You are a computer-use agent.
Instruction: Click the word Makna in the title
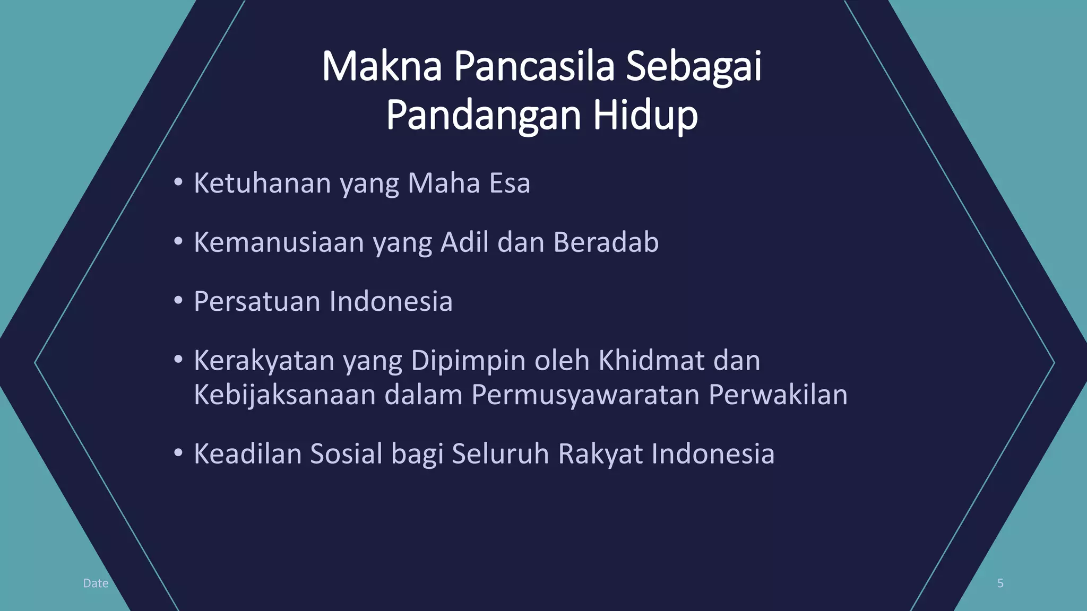tap(381, 66)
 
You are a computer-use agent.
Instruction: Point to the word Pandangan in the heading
tap(482, 115)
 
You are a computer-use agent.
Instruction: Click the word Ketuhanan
tap(262, 183)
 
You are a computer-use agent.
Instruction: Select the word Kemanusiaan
tap(279, 242)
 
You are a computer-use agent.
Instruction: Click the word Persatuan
tap(257, 301)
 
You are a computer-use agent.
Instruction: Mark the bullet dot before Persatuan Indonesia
tap(178, 300)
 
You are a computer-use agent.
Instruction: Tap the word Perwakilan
tap(778, 395)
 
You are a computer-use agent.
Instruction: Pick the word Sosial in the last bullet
tap(346, 454)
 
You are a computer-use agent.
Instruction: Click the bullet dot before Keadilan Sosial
tap(178, 453)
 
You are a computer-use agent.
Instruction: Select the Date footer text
tap(96, 583)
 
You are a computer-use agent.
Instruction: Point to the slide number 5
tap(1000, 583)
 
